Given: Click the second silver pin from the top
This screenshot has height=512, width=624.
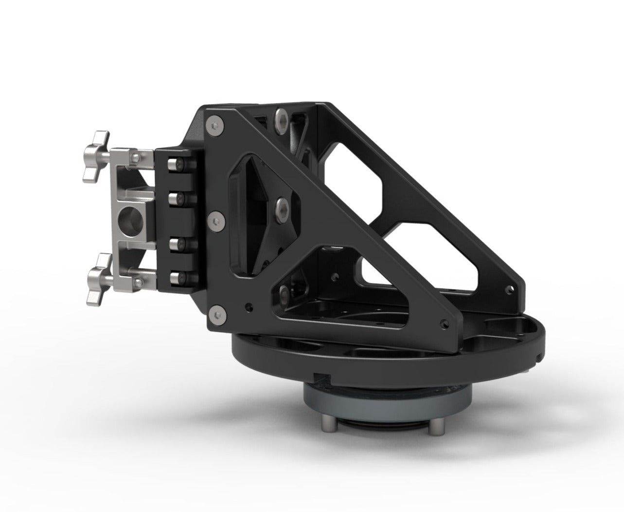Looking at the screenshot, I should point(174,198).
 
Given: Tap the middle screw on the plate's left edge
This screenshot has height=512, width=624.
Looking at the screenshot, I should point(215,221).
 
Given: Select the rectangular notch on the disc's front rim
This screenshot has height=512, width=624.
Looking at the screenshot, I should point(321,376).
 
